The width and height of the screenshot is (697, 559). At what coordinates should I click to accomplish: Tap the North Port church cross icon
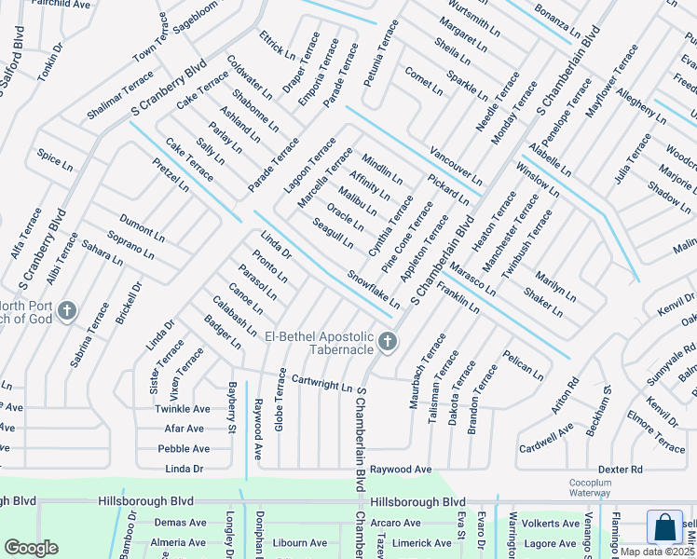click(66, 310)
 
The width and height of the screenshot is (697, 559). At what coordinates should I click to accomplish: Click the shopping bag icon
click(664, 526)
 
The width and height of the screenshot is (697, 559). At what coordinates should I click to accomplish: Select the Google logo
click(31, 548)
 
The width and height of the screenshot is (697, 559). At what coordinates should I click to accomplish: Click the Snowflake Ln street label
click(374, 290)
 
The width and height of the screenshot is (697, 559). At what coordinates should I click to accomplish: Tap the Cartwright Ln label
click(321, 383)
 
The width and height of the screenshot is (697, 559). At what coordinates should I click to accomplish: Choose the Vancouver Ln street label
click(456, 165)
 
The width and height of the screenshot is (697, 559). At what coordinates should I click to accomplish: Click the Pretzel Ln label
click(171, 174)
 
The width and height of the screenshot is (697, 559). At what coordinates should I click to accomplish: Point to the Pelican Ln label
click(523, 365)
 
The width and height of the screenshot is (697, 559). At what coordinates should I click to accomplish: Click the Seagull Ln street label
click(334, 232)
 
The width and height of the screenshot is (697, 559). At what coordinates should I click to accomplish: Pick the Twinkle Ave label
click(183, 409)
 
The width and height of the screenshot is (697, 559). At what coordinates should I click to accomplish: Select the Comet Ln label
click(424, 81)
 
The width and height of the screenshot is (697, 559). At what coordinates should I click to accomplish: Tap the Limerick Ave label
click(421, 543)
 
